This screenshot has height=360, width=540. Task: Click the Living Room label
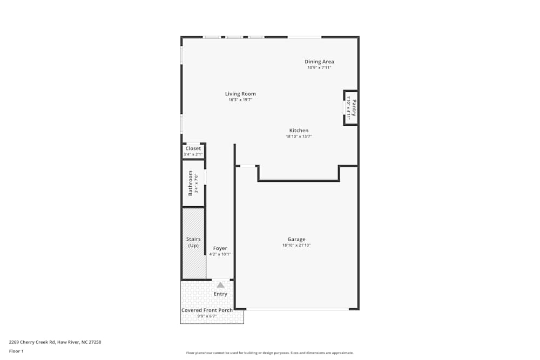pyautogui.click(x=240, y=94)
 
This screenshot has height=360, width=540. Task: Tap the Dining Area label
pyautogui.click(x=319, y=62)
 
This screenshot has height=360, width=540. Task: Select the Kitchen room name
pyautogui.click(x=299, y=131)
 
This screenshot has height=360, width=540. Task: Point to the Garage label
pyautogui.click(x=296, y=240)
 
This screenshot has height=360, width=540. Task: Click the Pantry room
pyautogui.click(x=350, y=107)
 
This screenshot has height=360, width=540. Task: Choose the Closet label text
pyautogui.click(x=193, y=148)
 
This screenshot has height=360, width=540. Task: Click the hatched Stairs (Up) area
pyautogui.click(x=193, y=243)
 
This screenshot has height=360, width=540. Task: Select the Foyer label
pyautogui.click(x=220, y=248)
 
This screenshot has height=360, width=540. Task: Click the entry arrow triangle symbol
pyautogui.click(x=220, y=285)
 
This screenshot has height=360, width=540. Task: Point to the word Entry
pyautogui.click(x=220, y=294)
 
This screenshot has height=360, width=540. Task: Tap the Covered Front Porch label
pyautogui.click(x=207, y=310)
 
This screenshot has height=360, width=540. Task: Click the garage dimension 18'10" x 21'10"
pyautogui.click(x=296, y=246)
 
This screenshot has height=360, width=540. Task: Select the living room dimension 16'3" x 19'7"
pyautogui.click(x=240, y=100)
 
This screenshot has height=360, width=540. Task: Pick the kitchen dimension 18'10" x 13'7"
pyautogui.click(x=299, y=137)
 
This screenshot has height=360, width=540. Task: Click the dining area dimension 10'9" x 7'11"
pyautogui.click(x=319, y=67)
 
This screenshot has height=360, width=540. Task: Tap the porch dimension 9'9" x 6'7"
pyautogui.click(x=207, y=316)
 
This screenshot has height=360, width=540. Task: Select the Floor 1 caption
pyautogui.click(x=17, y=351)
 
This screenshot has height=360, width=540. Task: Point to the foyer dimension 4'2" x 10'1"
pyautogui.click(x=220, y=254)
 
